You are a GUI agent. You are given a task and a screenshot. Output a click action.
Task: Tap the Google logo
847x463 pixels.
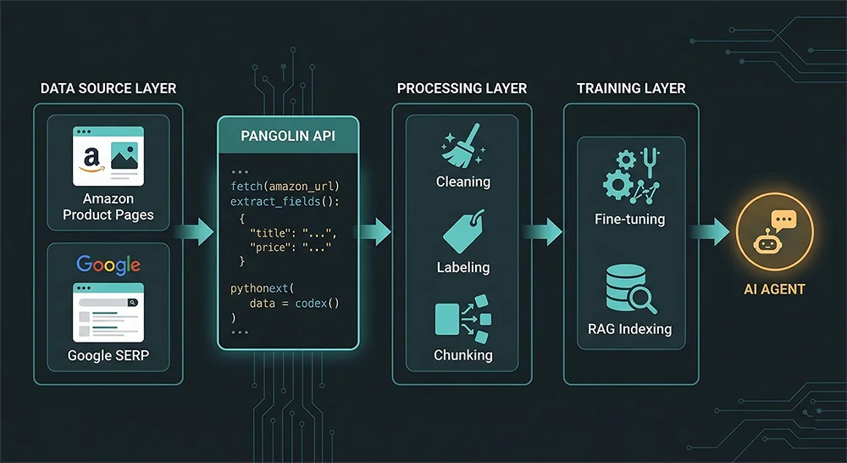108,265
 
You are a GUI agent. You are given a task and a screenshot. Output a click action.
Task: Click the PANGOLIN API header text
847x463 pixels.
288,135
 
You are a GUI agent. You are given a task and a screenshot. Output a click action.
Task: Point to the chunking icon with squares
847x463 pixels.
462,321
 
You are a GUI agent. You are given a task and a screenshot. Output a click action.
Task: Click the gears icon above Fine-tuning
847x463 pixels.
631,176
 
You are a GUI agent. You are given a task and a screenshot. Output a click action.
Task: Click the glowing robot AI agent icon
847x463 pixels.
774,231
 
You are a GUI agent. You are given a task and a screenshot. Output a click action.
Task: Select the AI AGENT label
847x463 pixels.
774,289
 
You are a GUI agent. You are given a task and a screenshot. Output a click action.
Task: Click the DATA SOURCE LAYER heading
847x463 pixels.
108,88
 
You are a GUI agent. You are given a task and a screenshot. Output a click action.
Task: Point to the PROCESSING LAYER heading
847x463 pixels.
462,88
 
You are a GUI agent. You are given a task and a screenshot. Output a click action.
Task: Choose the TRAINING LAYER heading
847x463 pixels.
631,88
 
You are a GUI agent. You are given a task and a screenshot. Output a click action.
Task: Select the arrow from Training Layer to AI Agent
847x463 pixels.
712,231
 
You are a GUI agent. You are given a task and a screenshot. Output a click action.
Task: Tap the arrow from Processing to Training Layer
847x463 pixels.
546,231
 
